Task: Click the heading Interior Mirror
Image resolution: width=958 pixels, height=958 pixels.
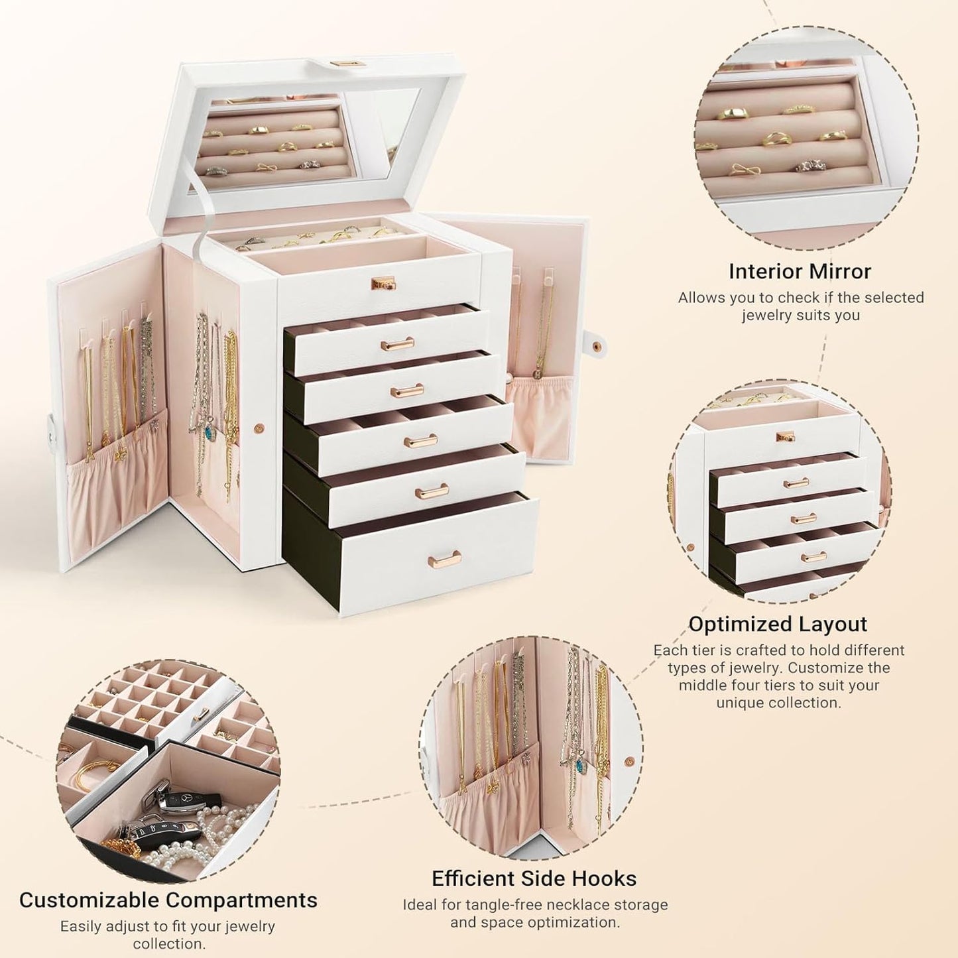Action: click(800, 271)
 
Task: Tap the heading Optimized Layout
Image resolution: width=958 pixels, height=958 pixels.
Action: click(778, 624)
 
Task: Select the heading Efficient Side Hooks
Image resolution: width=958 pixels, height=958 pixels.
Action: click(534, 878)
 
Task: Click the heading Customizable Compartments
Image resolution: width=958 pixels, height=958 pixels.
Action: click(168, 900)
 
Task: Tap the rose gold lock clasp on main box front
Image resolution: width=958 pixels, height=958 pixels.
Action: click(381, 283)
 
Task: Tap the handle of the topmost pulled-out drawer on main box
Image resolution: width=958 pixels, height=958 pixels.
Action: click(397, 343)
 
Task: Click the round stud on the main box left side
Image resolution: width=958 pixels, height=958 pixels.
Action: click(260, 428)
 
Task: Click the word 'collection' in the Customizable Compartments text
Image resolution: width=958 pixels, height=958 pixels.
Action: click(168, 943)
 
